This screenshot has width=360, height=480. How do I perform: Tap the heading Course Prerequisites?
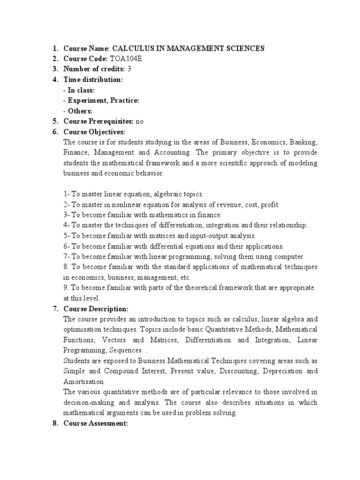point(98,121)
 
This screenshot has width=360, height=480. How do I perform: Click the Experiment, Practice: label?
point(103,100)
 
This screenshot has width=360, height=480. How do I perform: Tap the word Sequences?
point(129,350)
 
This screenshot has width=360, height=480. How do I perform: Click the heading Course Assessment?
point(96,423)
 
